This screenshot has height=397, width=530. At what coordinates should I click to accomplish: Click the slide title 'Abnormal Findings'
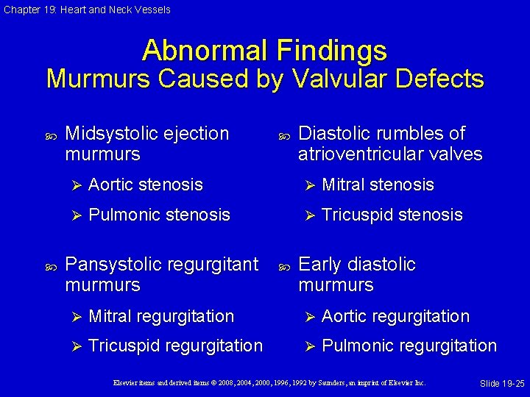pyautogui.click(x=264, y=50)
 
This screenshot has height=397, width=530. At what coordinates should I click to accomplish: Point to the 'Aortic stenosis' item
pyautogui.click(x=145, y=185)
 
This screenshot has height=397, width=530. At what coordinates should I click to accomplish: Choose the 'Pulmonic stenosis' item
pyautogui.click(x=159, y=215)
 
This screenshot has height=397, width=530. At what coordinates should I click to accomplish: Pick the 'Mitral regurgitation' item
pyautogui.click(x=160, y=316)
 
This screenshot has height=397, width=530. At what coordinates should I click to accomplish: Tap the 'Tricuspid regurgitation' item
pyautogui.click(x=175, y=346)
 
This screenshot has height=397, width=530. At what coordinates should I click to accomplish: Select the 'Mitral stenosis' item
pyautogui.click(x=378, y=185)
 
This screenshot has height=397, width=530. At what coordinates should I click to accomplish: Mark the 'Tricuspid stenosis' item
pyautogui.click(x=392, y=215)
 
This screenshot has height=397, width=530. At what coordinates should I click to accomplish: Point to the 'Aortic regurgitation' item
pyautogui.click(x=395, y=316)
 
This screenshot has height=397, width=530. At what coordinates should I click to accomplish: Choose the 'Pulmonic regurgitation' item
pyautogui.click(x=409, y=346)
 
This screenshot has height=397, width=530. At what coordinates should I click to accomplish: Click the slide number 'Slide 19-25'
pyautogui.click(x=501, y=385)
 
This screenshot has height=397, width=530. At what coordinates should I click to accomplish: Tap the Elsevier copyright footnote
pyautogui.click(x=268, y=383)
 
